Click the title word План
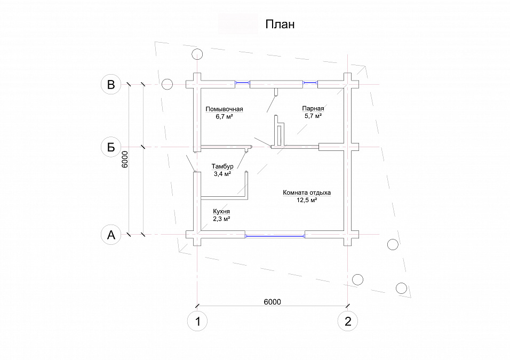click(280, 25)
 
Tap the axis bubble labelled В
click(111, 84)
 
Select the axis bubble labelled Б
click(111, 147)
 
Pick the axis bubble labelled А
click(111, 234)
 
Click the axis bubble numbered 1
click(197, 321)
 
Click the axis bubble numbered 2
click(348, 321)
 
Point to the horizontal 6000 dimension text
click(272, 301)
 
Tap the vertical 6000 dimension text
click(124, 159)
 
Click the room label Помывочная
click(224, 109)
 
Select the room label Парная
click(313, 108)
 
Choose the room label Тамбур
click(222, 166)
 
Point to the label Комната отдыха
click(307, 193)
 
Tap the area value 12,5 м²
click(307, 201)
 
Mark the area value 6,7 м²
click(224, 116)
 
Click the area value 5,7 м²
click(313, 115)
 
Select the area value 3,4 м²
click(222, 174)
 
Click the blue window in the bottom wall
click(274, 235)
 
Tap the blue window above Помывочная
click(243, 83)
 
